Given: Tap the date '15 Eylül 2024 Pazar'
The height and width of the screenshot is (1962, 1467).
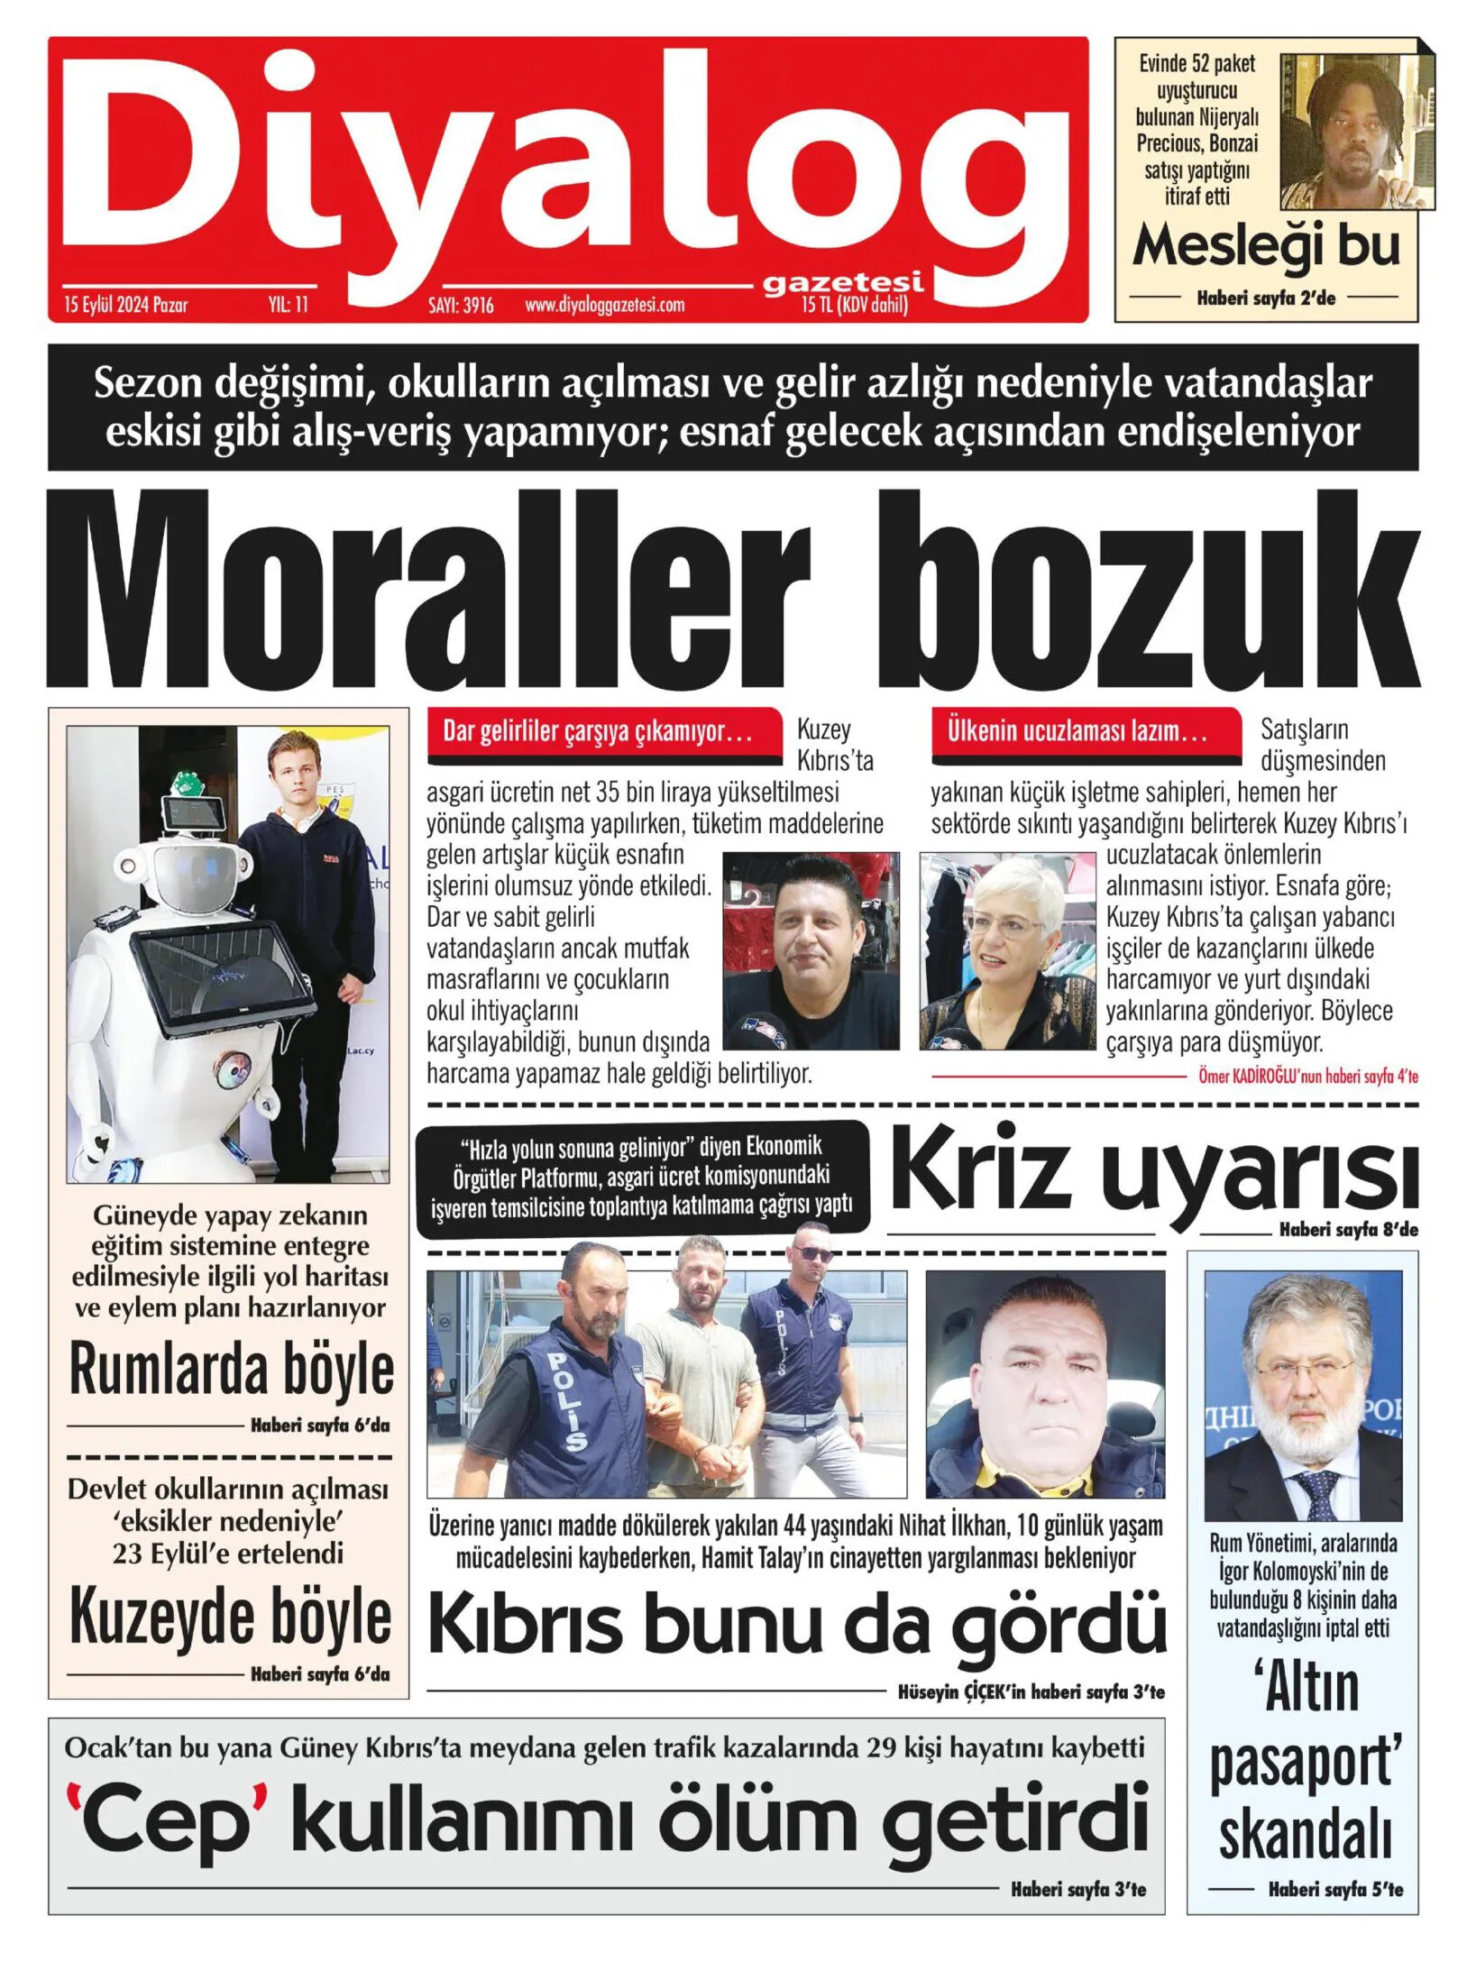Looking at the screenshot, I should tap(125, 305).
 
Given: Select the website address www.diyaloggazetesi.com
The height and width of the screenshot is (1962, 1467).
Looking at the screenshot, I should tap(604, 305).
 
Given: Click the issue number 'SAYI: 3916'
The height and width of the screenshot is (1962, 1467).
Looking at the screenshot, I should tap(461, 305).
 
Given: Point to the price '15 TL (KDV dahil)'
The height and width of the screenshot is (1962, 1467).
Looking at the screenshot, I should tap(854, 305).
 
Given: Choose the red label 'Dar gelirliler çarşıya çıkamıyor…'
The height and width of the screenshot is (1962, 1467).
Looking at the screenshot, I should tap(599, 731).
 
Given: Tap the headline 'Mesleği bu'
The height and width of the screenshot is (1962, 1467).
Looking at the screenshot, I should tap(1266, 246).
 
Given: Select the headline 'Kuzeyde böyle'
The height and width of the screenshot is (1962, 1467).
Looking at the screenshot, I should tap(231, 1618).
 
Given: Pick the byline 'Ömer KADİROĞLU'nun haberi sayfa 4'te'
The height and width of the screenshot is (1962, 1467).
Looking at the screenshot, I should tap(1307, 1076).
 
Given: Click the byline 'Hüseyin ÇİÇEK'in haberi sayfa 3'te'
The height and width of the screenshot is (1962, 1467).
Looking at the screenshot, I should tap(1031, 1692).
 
